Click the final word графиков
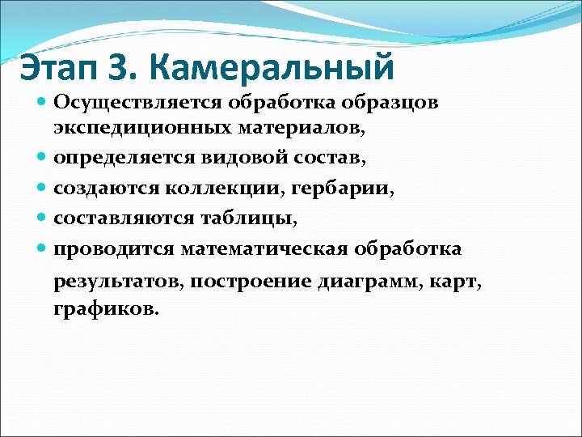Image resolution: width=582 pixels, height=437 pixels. (106, 309)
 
